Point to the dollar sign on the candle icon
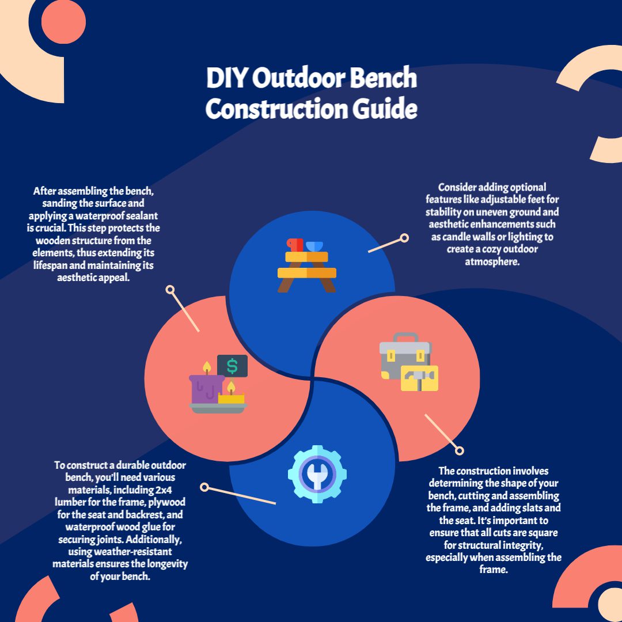(x=232, y=366)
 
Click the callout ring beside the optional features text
(x=404, y=237)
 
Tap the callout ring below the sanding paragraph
(x=170, y=290)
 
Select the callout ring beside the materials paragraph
(x=204, y=487)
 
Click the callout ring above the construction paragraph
(x=459, y=450)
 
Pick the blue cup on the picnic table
(x=314, y=246)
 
